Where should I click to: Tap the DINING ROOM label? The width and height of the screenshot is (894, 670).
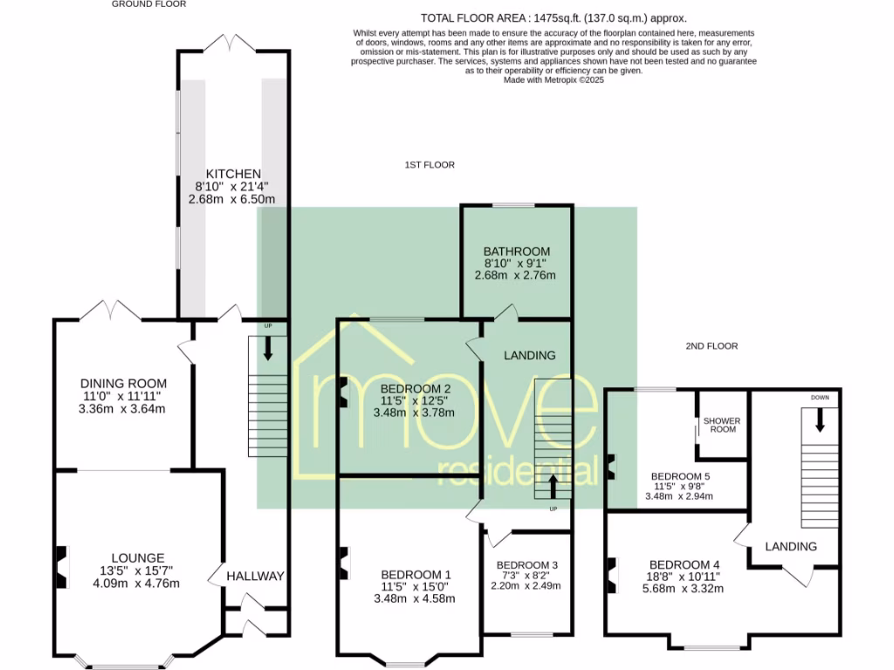(x=123, y=383)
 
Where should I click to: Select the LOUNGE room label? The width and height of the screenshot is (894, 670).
(x=138, y=557)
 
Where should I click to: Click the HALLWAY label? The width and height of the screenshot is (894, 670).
(x=256, y=576)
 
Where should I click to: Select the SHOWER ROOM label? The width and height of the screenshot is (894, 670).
(x=721, y=425)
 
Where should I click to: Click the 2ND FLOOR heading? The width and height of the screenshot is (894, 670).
(x=712, y=346)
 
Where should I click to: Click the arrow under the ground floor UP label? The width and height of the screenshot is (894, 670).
(x=267, y=349)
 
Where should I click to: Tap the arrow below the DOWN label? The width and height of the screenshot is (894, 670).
(x=820, y=421)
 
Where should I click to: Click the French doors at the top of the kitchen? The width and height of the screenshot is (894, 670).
(x=232, y=43)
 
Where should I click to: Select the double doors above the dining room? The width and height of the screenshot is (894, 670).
(x=114, y=310)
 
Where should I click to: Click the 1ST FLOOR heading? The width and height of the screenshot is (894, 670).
(x=429, y=165)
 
